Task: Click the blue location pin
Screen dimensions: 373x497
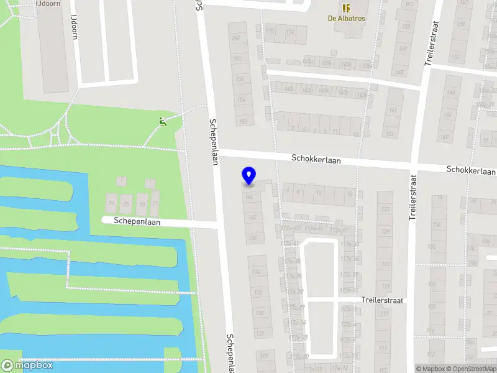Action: click(x=248, y=176)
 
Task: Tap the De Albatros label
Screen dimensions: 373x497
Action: click(x=347, y=18)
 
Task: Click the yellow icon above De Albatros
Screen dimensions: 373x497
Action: click(x=347, y=7)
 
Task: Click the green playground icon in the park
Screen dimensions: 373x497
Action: click(x=163, y=122)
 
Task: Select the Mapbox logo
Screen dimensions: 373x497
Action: click(x=27, y=366)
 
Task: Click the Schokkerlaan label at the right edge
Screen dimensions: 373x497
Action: click(x=470, y=171)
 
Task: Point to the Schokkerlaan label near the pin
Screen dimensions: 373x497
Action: click(x=316, y=160)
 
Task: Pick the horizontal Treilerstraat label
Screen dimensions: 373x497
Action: click(x=383, y=300)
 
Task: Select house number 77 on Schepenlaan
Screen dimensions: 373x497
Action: click(x=112, y=203)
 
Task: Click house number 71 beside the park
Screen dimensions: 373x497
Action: click(x=155, y=203)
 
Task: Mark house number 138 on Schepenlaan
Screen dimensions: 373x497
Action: click(x=252, y=237)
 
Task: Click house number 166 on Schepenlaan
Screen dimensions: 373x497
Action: click(x=237, y=38)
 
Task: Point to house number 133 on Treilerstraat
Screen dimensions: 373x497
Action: click(x=385, y=210)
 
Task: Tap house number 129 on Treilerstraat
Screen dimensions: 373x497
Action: click(x=385, y=231)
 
